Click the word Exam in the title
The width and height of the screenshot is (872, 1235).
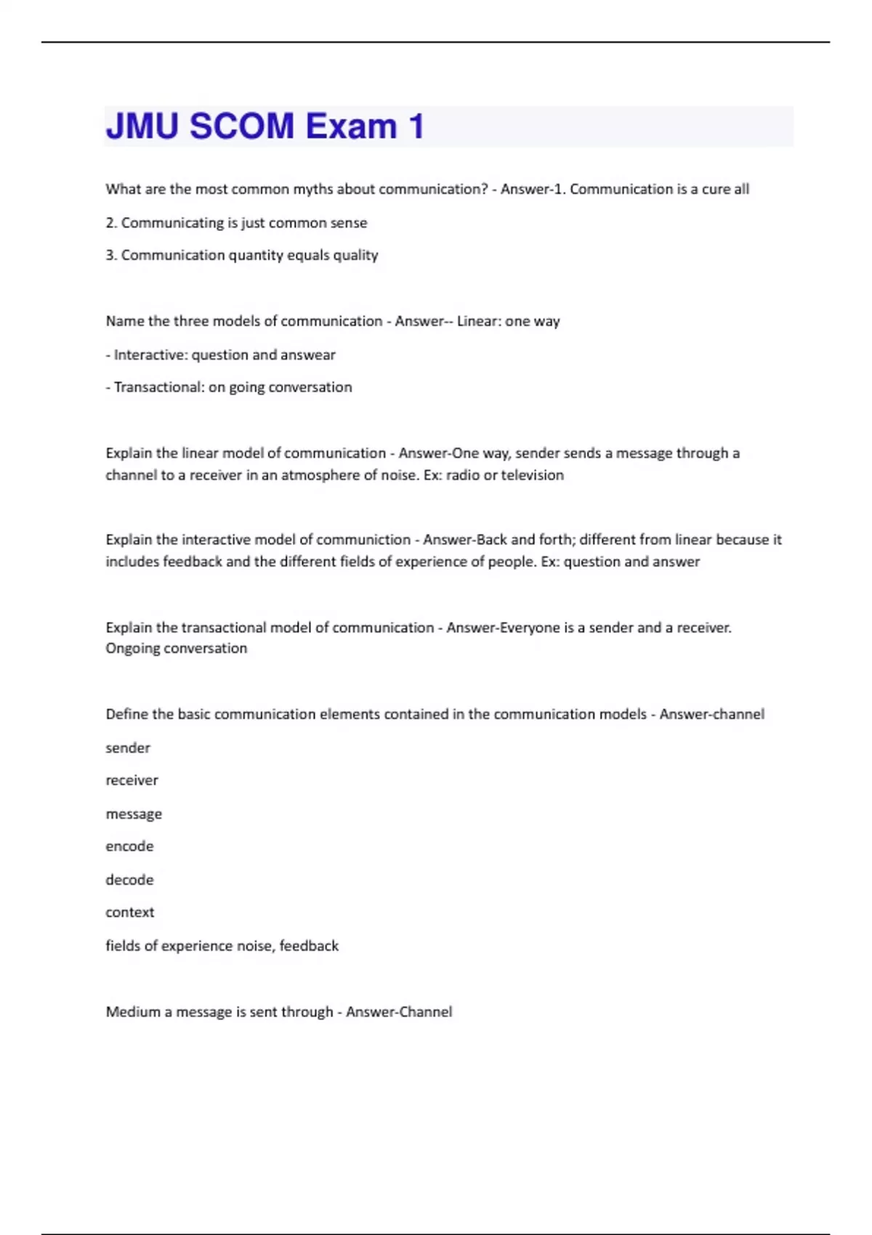pos(351,126)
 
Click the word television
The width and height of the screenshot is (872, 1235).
pos(532,475)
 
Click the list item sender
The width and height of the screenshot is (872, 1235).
pos(128,748)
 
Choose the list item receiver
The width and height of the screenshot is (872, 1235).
pos(132,780)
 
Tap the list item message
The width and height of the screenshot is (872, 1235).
pos(134,814)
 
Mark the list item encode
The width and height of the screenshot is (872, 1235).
pos(129,846)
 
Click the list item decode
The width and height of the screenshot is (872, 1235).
pos(129,880)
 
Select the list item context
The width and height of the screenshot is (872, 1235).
pos(129,912)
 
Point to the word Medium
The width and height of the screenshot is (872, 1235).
pos(132,1012)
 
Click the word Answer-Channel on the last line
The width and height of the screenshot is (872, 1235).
pos(399,1012)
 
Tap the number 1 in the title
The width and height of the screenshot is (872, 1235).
pos(416,126)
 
